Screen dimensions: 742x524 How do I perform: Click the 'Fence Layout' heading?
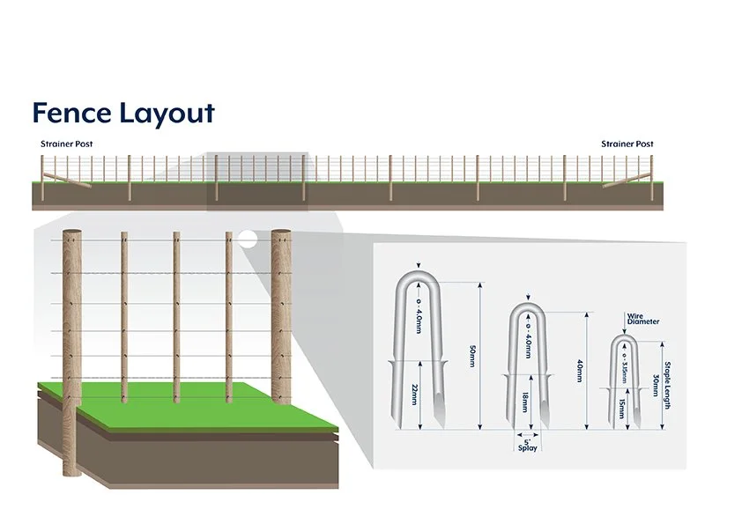pos(123,114)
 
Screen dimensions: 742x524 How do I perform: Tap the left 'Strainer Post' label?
pos(66,144)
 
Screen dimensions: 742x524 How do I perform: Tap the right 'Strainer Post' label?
pos(627,144)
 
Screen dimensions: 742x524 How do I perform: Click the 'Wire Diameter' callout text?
pos(642,319)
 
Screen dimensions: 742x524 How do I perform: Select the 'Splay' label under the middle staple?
pos(526,447)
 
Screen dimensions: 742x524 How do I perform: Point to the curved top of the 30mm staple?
pos(623,339)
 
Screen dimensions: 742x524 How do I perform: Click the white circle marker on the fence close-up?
pos(249,238)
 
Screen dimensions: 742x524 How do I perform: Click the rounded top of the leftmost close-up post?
pos(72,233)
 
